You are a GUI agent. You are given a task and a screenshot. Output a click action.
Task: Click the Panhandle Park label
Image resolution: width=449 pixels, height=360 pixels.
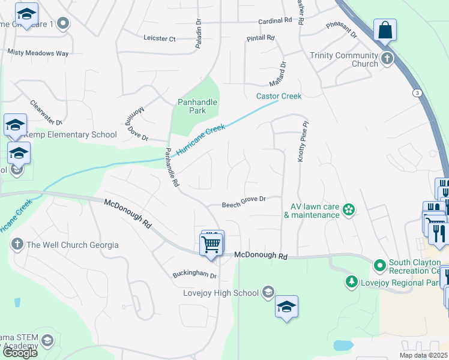click(197, 106)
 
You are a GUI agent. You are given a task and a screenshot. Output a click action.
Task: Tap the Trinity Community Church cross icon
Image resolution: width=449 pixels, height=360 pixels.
click(387, 59)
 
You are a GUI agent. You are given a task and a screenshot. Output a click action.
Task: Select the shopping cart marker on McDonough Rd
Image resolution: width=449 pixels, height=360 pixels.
click(211, 245)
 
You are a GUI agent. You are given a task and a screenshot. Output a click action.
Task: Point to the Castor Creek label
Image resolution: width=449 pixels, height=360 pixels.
click(279, 96)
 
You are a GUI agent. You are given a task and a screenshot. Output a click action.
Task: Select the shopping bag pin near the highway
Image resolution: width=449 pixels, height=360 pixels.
click(385, 30)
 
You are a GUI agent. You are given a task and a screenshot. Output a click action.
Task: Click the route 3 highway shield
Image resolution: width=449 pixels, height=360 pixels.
click(416, 92)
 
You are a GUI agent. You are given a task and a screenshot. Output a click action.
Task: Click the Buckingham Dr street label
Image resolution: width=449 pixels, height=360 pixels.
click(194, 275)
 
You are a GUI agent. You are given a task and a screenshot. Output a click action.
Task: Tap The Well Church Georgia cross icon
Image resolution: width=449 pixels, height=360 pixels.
click(17, 245)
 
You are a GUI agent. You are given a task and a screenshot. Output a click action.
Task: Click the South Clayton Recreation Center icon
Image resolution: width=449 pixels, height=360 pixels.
click(379, 265)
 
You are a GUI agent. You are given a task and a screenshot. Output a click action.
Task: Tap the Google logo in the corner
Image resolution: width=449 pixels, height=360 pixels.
click(20, 353)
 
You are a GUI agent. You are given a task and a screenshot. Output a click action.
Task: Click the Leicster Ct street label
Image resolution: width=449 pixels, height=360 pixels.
click(160, 38)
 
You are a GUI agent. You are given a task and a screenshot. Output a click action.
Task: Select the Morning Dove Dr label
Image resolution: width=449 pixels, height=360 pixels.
click(137, 124)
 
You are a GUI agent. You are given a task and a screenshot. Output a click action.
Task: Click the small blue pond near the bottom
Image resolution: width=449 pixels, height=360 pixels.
click(342, 345)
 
